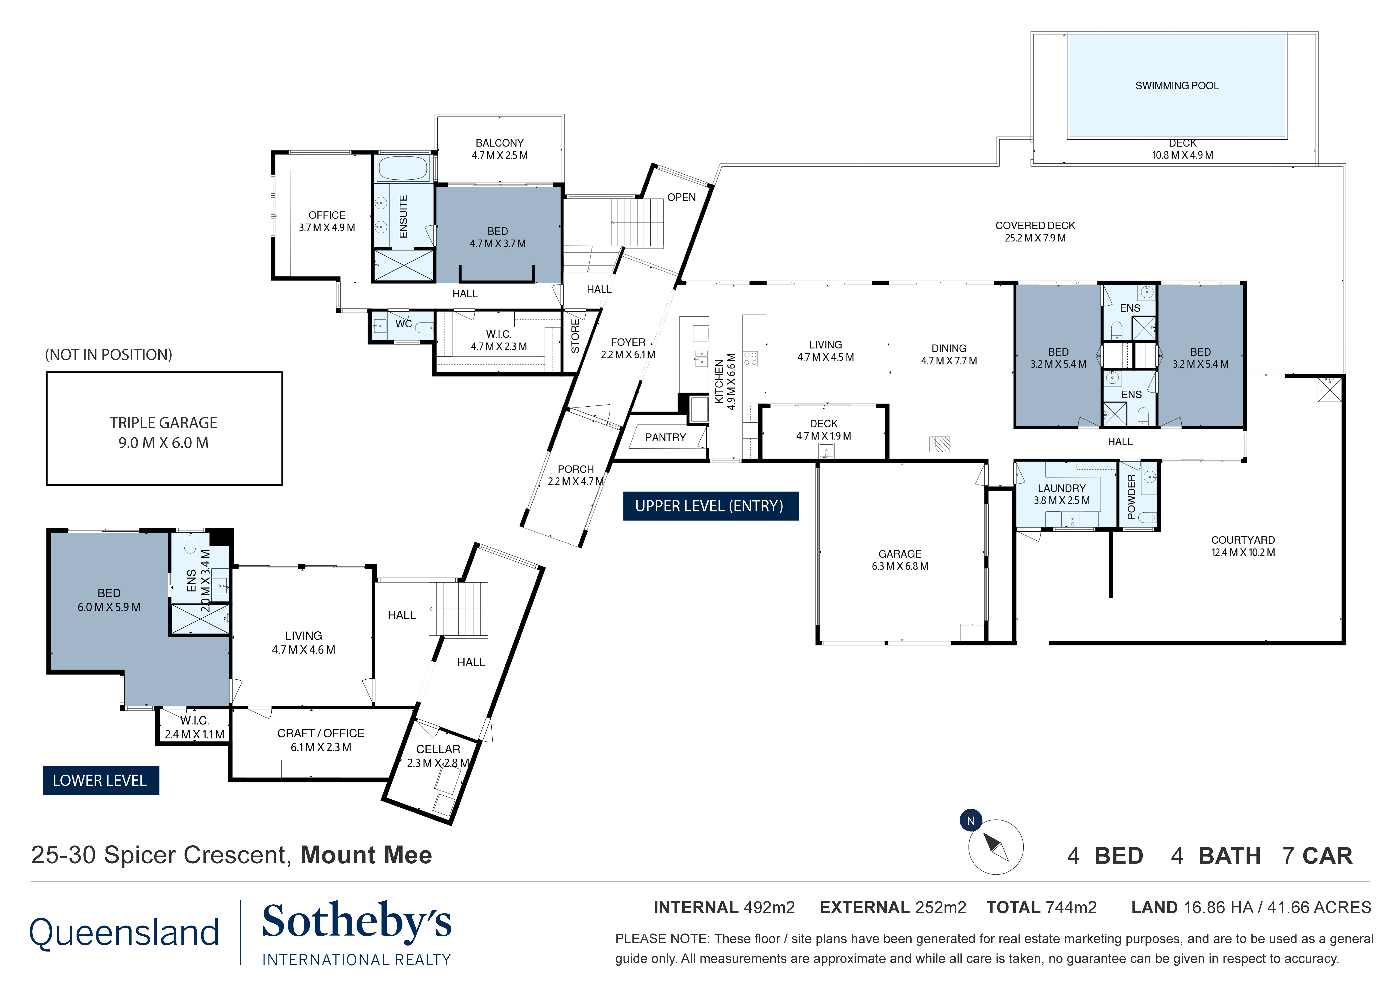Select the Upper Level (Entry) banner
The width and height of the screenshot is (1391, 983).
(710, 506)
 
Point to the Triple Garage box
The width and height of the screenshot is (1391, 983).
(164, 429)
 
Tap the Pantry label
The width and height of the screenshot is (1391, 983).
(665, 437)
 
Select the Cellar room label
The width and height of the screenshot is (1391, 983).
(438, 749)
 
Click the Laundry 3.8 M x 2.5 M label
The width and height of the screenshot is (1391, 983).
(1061, 494)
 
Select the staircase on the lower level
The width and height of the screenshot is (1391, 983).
(459, 609)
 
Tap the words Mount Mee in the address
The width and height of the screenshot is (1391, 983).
(366, 855)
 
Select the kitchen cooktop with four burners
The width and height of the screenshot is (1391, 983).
(750, 359)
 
